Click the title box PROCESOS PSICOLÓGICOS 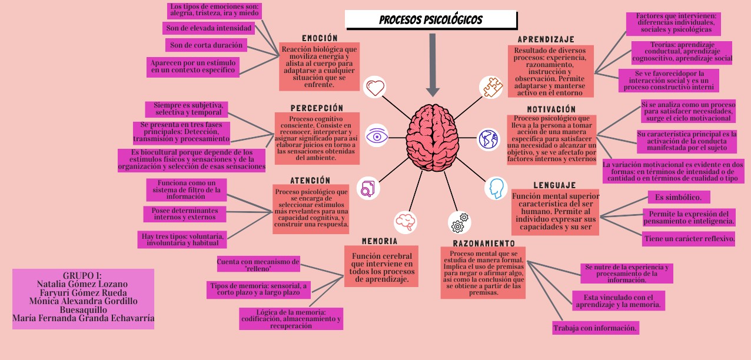tap(431, 20)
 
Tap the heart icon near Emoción tap(375, 88)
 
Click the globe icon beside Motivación tap(488, 139)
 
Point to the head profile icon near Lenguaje tap(496, 188)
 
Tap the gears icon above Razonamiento tap(459, 222)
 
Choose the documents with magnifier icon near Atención tap(368, 188)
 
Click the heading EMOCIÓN tap(320, 38)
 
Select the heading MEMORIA tap(380, 241)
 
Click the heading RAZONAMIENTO tap(484, 243)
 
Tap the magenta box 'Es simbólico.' tap(679, 197)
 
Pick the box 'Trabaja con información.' tap(596, 328)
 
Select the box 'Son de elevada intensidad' tap(209, 28)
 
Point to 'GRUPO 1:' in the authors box tap(82, 275)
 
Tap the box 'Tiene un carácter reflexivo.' tap(689, 239)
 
